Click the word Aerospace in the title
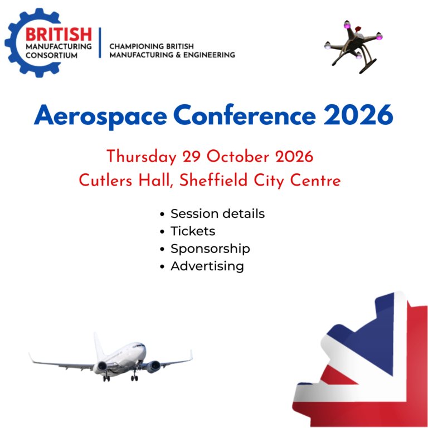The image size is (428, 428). (x=100, y=116)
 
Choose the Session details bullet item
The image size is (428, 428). (x=217, y=213)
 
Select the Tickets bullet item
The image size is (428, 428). (x=192, y=231)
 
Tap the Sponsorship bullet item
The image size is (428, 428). (x=210, y=249)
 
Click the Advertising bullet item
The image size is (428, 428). (x=207, y=266)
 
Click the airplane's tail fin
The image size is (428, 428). (x=98, y=344)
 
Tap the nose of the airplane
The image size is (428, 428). (x=144, y=349)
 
